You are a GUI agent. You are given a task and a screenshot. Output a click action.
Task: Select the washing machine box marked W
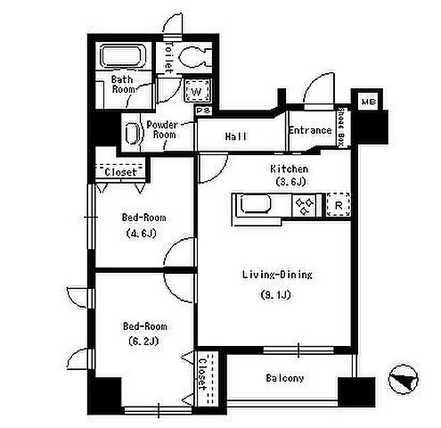click(198, 91)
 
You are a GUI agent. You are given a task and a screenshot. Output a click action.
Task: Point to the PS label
click(204, 111)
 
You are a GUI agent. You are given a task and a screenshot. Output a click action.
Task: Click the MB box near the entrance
click(369, 102)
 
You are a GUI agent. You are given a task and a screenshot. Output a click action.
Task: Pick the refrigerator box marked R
click(339, 205)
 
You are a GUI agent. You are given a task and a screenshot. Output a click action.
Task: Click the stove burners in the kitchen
click(305, 205)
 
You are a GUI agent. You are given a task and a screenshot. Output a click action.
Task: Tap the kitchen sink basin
click(256, 203)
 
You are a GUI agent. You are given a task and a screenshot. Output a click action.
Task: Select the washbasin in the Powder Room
click(132, 133)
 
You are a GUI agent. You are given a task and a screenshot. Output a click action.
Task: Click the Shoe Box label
click(342, 128)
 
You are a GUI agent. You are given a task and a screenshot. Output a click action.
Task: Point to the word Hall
click(236, 136)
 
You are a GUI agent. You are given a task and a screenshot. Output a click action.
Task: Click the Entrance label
click(310, 130)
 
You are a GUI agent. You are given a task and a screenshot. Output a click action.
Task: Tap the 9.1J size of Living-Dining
click(276, 295)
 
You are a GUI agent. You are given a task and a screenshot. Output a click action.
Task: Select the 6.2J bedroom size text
click(143, 341)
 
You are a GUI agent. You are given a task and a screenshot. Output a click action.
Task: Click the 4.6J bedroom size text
click(142, 233)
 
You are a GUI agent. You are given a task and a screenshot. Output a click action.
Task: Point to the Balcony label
click(285, 378)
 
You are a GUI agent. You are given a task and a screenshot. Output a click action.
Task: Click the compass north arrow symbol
click(404, 379)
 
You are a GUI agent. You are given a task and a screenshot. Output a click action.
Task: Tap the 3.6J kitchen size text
click(290, 181)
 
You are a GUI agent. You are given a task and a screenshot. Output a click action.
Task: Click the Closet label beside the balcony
click(202, 374)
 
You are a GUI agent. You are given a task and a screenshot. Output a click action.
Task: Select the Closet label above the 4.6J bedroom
click(120, 172)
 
